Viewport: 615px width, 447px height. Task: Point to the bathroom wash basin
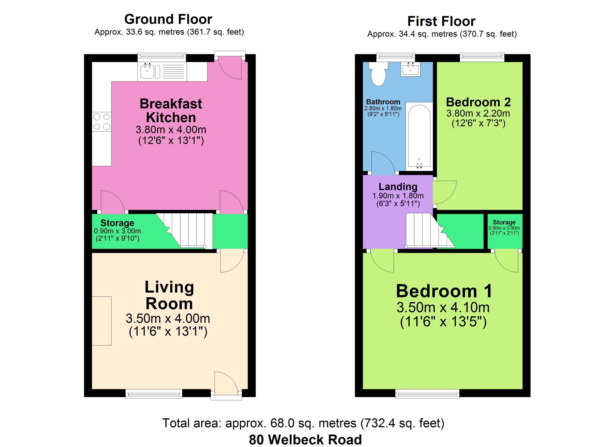[411, 69]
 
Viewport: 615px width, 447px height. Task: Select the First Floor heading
[441, 21]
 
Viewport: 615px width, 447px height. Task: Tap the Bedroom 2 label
[478, 102]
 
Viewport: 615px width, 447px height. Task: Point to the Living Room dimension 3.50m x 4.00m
[168, 318]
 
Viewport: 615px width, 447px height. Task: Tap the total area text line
[303, 423]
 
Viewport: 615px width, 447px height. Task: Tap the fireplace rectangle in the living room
[102, 321]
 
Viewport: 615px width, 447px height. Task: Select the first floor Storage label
[504, 222]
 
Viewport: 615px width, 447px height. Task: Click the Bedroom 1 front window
[427, 394]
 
